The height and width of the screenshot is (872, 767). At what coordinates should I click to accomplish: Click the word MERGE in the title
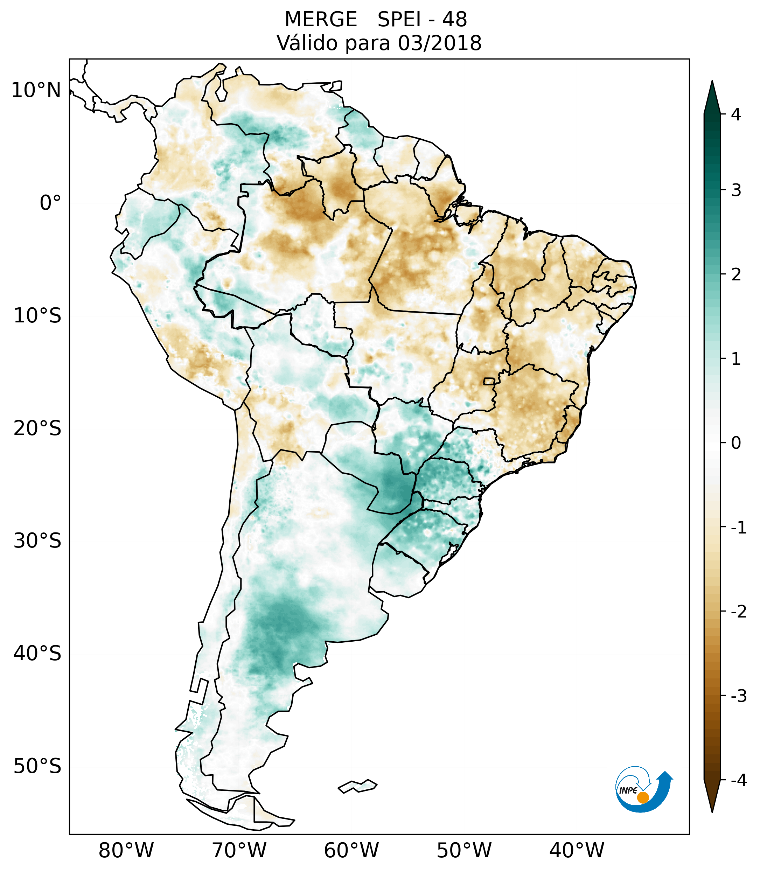pyautogui.click(x=320, y=20)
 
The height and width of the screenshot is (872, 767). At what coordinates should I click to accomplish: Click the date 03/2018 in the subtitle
pyautogui.click(x=439, y=43)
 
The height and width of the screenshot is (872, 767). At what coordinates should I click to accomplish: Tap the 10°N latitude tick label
pyautogui.click(x=36, y=90)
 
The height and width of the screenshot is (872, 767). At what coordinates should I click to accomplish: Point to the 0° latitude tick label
pyautogui.click(x=50, y=203)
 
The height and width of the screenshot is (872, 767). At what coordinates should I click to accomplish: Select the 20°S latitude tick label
pyautogui.click(x=37, y=428)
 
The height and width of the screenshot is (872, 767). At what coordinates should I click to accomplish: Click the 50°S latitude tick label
pyautogui.click(x=37, y=767)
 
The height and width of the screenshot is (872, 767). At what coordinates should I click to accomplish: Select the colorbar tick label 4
pyautogui.click(x=735, y=114)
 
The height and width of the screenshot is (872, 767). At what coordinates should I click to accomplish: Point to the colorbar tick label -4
pyautogui.click(x=738, y=781)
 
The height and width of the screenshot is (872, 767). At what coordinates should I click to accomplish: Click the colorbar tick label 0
pyautogui.click(x=736, y=443)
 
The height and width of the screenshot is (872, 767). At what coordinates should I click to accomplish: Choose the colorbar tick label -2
pyautogui.click(x=738, y=612)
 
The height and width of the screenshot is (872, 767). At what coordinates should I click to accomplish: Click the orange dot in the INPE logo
pyautogui.click(x=642, y=797)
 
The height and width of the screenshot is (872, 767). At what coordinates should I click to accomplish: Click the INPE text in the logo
pyautogui.click(x=628, y=790)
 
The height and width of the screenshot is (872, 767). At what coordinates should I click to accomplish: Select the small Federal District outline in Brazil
pyautogui.click(x=489, y=381)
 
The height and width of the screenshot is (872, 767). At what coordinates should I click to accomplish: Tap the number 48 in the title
pyautogui.click(x=455, y=20)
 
